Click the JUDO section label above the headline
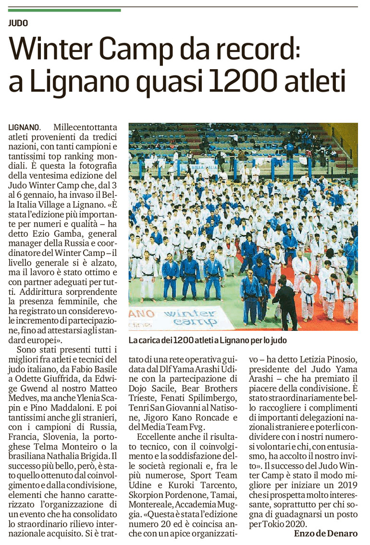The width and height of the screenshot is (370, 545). [18, 23]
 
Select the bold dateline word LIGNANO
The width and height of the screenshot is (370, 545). [24, 128]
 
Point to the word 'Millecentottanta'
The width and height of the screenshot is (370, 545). [85, 128]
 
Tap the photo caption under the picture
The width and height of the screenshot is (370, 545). [208, 340]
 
